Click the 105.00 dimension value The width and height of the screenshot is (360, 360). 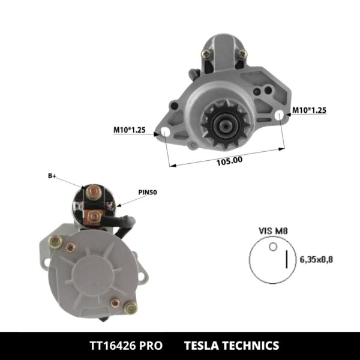(229, 160)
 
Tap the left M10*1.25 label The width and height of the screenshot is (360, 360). (130, 129)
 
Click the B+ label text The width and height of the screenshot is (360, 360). (52, 176)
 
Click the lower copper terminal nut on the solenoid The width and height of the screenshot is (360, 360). (92, 216)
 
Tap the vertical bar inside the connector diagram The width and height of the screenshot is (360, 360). (286, 259)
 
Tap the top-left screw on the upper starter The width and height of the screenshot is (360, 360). (206, 55)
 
